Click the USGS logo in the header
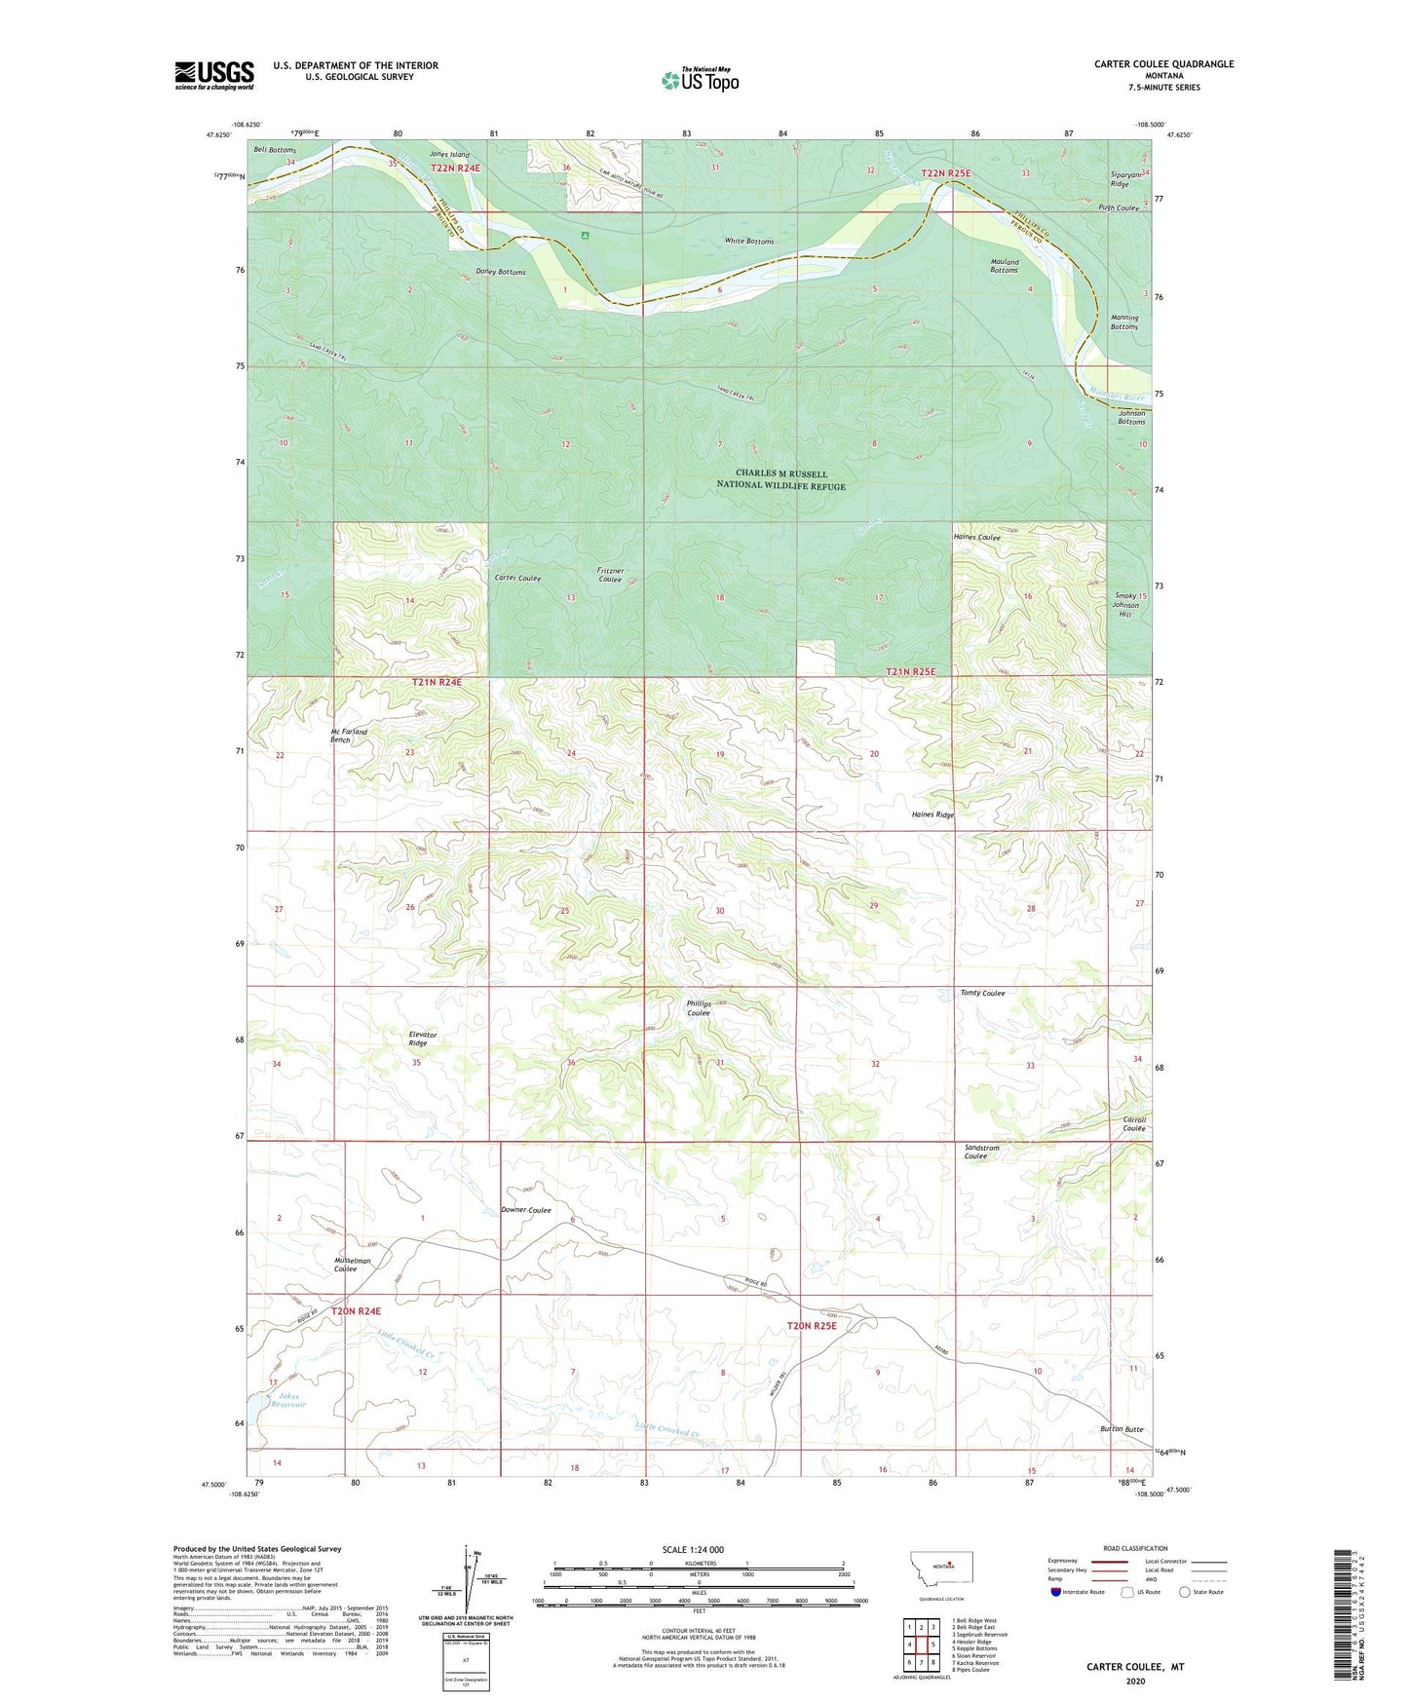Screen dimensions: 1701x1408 coord(214,74)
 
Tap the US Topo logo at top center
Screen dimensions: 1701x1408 coord(700,80)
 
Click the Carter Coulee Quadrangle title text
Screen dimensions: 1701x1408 coord(1163,64)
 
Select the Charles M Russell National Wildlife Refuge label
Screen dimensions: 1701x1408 coord(780,479)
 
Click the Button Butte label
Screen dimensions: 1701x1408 coord(1122,1429)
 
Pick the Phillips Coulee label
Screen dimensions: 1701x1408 coord(699,1007)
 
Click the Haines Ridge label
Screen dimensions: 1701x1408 coord(932,814)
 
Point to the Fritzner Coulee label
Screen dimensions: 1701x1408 coord(610,575)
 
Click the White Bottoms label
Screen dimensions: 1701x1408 coord(749,241)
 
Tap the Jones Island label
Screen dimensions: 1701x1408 coord(448,155)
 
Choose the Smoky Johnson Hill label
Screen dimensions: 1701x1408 coord(1125,605)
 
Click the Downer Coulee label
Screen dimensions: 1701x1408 coord(525,1210)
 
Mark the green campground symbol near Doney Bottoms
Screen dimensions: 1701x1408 coord(585,235)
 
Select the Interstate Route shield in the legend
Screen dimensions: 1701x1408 coord(1057,1593)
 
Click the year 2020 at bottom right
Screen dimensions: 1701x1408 coord(1135,1681)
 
